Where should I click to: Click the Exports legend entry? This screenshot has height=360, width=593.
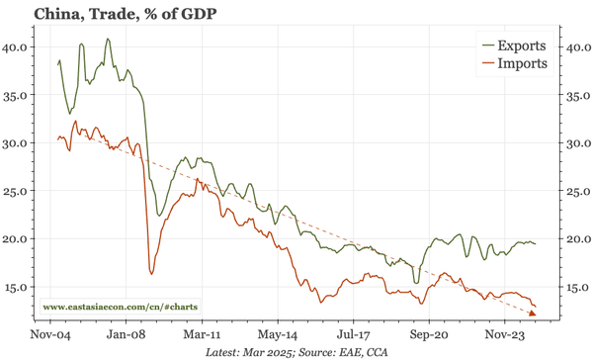(516, 45)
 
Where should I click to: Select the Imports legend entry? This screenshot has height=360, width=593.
(518, 64)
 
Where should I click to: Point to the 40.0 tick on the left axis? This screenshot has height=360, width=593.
(17, 46)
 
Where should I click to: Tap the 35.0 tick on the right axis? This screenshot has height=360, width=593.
(575, 95)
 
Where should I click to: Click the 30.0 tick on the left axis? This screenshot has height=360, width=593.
(17, 143)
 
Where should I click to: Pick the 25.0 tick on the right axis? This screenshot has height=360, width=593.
(575, 192)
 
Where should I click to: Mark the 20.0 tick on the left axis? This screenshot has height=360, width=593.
(17, 239)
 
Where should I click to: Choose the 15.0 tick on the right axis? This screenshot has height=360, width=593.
(575, 288)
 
